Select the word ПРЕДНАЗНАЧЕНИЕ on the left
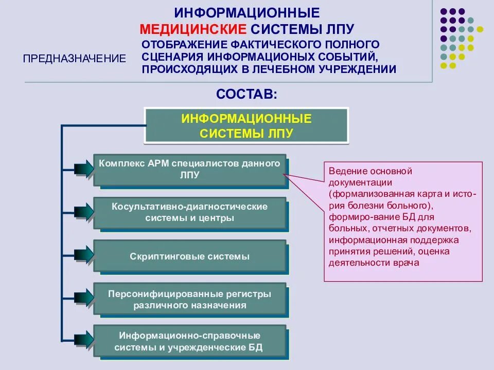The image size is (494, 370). [x=75, y=59]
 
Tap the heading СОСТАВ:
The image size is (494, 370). [x=246, y=94]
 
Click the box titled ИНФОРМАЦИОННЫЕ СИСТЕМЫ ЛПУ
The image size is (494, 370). [x=246, y=126]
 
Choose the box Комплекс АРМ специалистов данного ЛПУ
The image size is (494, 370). [x=189, y=170]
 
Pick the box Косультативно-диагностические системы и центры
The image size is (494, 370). [x=189, y=212]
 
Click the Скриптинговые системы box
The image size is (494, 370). [x=189, y=256]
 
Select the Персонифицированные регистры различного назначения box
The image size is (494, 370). [x=189, y=299]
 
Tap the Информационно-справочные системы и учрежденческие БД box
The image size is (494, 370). [x=189, y=342]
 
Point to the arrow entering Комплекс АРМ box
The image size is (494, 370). [x=83, y=169]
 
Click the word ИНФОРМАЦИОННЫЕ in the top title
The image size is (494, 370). [x=246, y=12]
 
